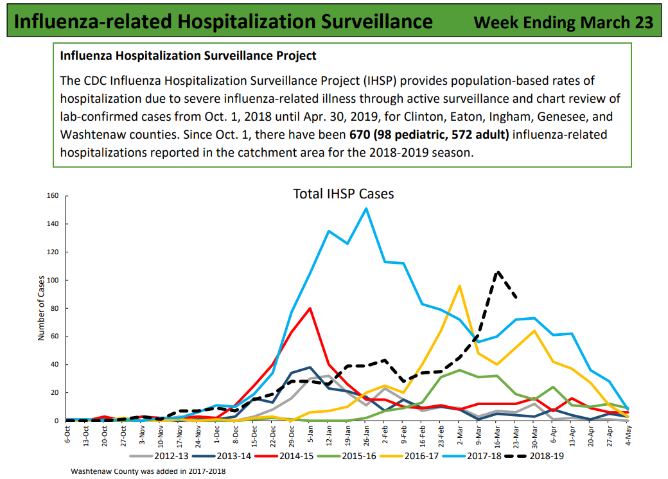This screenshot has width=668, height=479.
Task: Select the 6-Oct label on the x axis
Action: [67, 435]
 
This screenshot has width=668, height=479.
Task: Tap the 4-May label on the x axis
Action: [628, 435]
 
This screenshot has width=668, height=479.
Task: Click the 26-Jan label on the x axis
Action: [366, 436]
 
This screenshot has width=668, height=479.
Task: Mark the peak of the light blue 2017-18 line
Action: [366, 208]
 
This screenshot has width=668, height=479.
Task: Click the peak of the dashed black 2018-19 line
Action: [497, 272]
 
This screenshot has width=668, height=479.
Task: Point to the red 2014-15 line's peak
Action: [310, 308]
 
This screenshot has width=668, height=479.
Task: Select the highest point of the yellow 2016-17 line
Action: [460, 286]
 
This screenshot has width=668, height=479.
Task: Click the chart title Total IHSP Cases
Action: [343, 194]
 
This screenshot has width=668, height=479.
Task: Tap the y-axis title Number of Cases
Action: [41, 308]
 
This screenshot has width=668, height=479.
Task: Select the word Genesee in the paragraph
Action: [553, 117]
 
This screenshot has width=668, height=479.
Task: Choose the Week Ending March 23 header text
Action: [563, 22]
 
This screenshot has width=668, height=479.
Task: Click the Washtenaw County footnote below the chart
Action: [148, 471]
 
